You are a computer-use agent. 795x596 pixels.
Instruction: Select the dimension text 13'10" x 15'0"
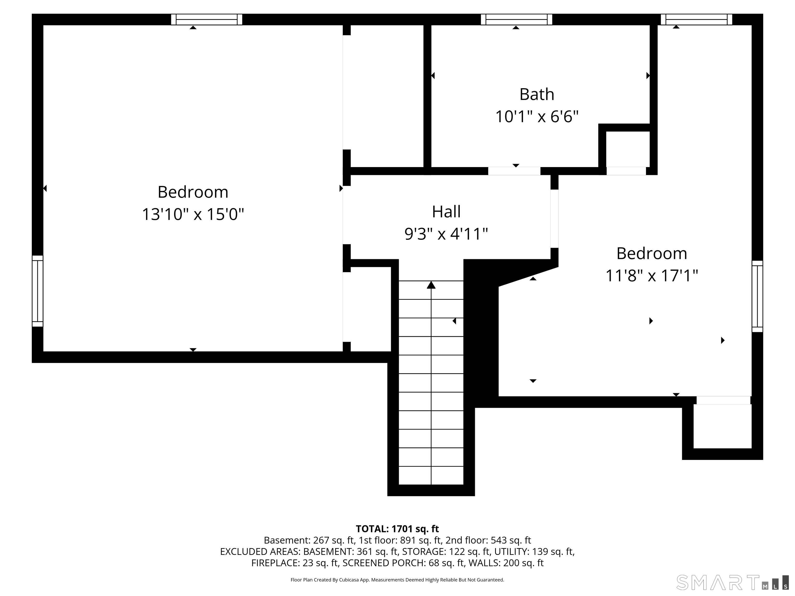pyautogui.click(x=193, y=214)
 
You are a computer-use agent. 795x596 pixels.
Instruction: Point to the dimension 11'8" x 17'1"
pyautogui.click(x=652, y=276)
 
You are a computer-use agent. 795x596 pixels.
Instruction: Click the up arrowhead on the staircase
pyautogui.click(x=431, y=285)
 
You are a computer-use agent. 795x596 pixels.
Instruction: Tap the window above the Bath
pyautogui.click(x=517, y=19)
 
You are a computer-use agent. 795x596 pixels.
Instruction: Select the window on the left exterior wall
pyautogui.click(x=37, y=291)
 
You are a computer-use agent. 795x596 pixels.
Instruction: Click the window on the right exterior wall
pyautogui.click(x=757, y=296)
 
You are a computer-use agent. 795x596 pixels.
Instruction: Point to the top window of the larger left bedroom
pyautogui.click(x=207, y=19)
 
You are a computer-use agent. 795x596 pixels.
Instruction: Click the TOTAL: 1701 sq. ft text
pyautogui.click(x=397, y=529)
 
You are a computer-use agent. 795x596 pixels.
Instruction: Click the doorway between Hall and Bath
pyautogui.click(x=514, y=171)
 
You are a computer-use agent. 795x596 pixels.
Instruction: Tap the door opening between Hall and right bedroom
pyautogui.click(x=555, y=218)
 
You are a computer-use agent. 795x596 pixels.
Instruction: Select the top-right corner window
pyautogui.click(x=696, y=19)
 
